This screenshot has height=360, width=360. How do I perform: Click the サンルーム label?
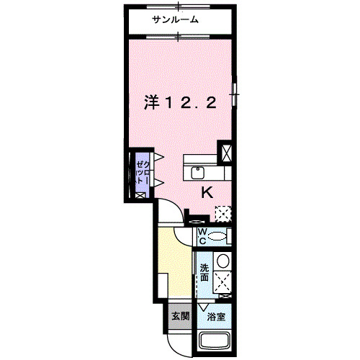point(175,21)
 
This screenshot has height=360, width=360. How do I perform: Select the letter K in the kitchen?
point(207,192)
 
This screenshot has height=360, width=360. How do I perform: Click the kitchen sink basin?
point(198,172)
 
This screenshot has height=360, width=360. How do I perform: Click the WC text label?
point(202,235)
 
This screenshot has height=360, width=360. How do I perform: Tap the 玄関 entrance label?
point(180,315)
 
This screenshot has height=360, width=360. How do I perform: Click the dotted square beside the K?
point(223,213)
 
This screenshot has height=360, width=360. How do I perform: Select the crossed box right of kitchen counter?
point(226,153)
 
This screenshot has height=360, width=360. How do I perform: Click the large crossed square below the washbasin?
point(223,281)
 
